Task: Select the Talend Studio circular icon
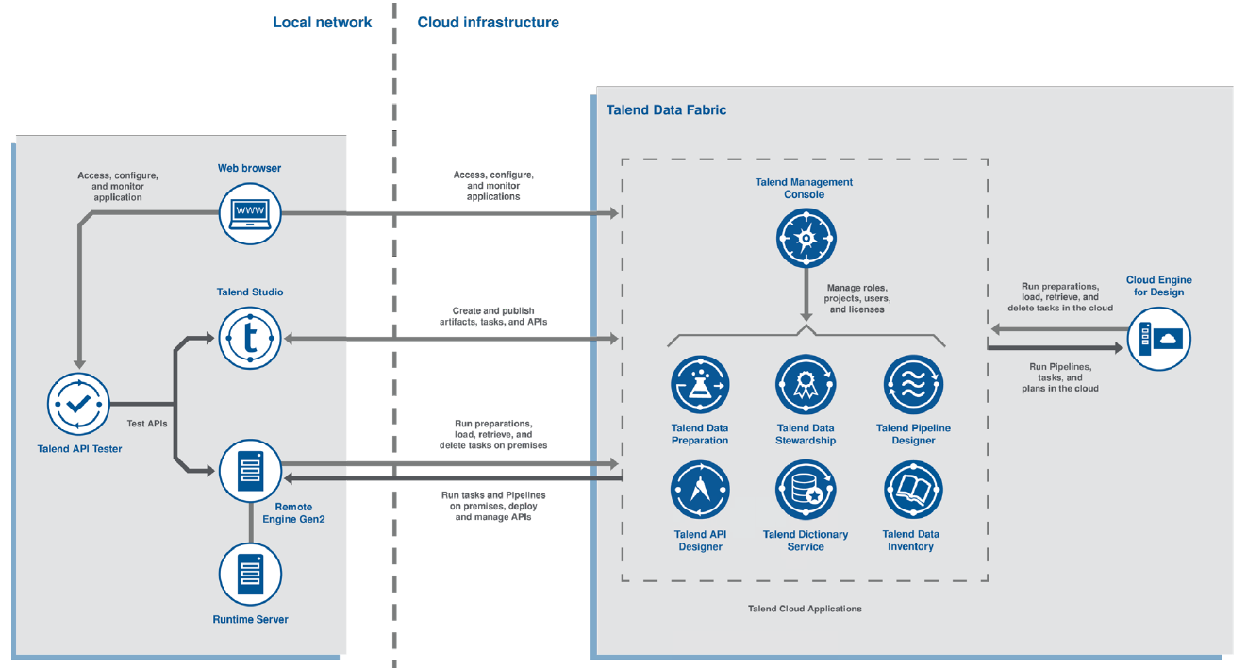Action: point(250,338)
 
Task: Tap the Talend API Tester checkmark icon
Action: point(79,404)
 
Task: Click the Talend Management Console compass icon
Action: point(806,237)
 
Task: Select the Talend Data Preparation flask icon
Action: point(700,385)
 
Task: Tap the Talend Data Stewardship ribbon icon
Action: point(806,385)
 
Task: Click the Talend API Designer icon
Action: point(700,491)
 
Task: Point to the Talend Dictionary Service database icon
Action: point(806,491)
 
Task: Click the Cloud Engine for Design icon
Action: point(1158,337)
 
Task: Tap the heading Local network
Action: point(322,22)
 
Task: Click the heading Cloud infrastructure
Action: point(488,22)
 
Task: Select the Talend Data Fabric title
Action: point(666,109)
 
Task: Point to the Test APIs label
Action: point(146,424)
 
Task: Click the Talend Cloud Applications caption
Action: point(805,609)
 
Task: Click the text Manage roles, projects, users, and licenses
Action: point(856,298)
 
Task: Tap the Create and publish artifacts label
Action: point(493,316)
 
